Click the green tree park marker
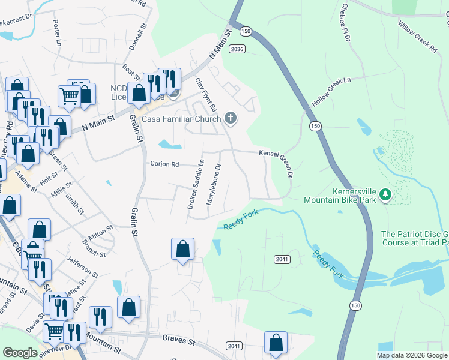tap(385, 194)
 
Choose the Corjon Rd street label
tap(164, 164)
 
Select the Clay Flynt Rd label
tap(206, 98)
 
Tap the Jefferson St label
tap(82, 265)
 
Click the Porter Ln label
tap(57, 33)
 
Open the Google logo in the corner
tap(20, 353)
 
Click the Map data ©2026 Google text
tap(412, 355)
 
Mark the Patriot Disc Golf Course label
tap(415, 239)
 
